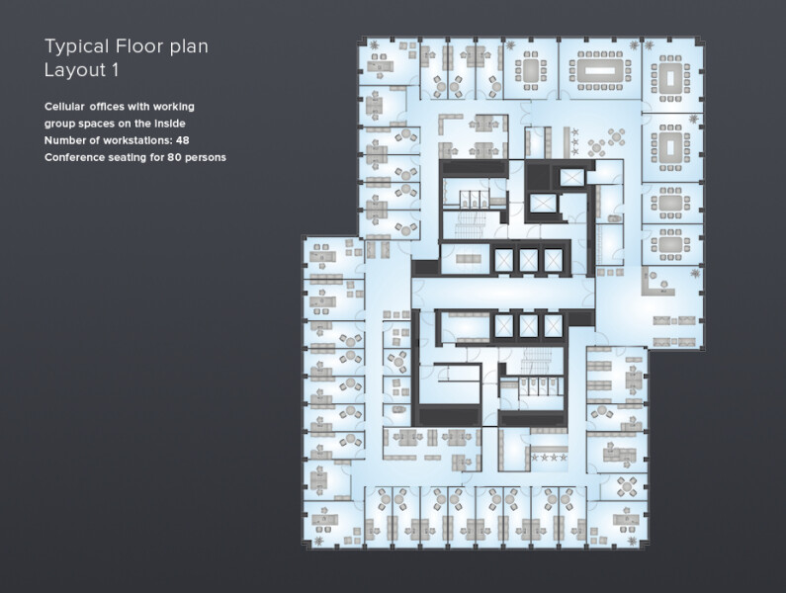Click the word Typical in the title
(77, 47)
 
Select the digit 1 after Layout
(116, 70)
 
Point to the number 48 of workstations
(183, 140)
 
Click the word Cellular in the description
(64, 107)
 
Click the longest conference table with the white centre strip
(600, 70)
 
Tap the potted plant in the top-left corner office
(375, 45)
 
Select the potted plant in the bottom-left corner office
(318, 541)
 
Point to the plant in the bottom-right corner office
(633, 542)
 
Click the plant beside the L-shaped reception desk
(694, 273)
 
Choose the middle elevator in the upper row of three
(528, 260)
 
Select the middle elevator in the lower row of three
(528, 326)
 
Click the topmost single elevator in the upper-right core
(571, 177)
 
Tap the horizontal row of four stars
(549, 458)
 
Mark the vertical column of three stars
(575, 141)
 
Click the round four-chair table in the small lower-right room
(626, 485)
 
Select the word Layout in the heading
(75, 70)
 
